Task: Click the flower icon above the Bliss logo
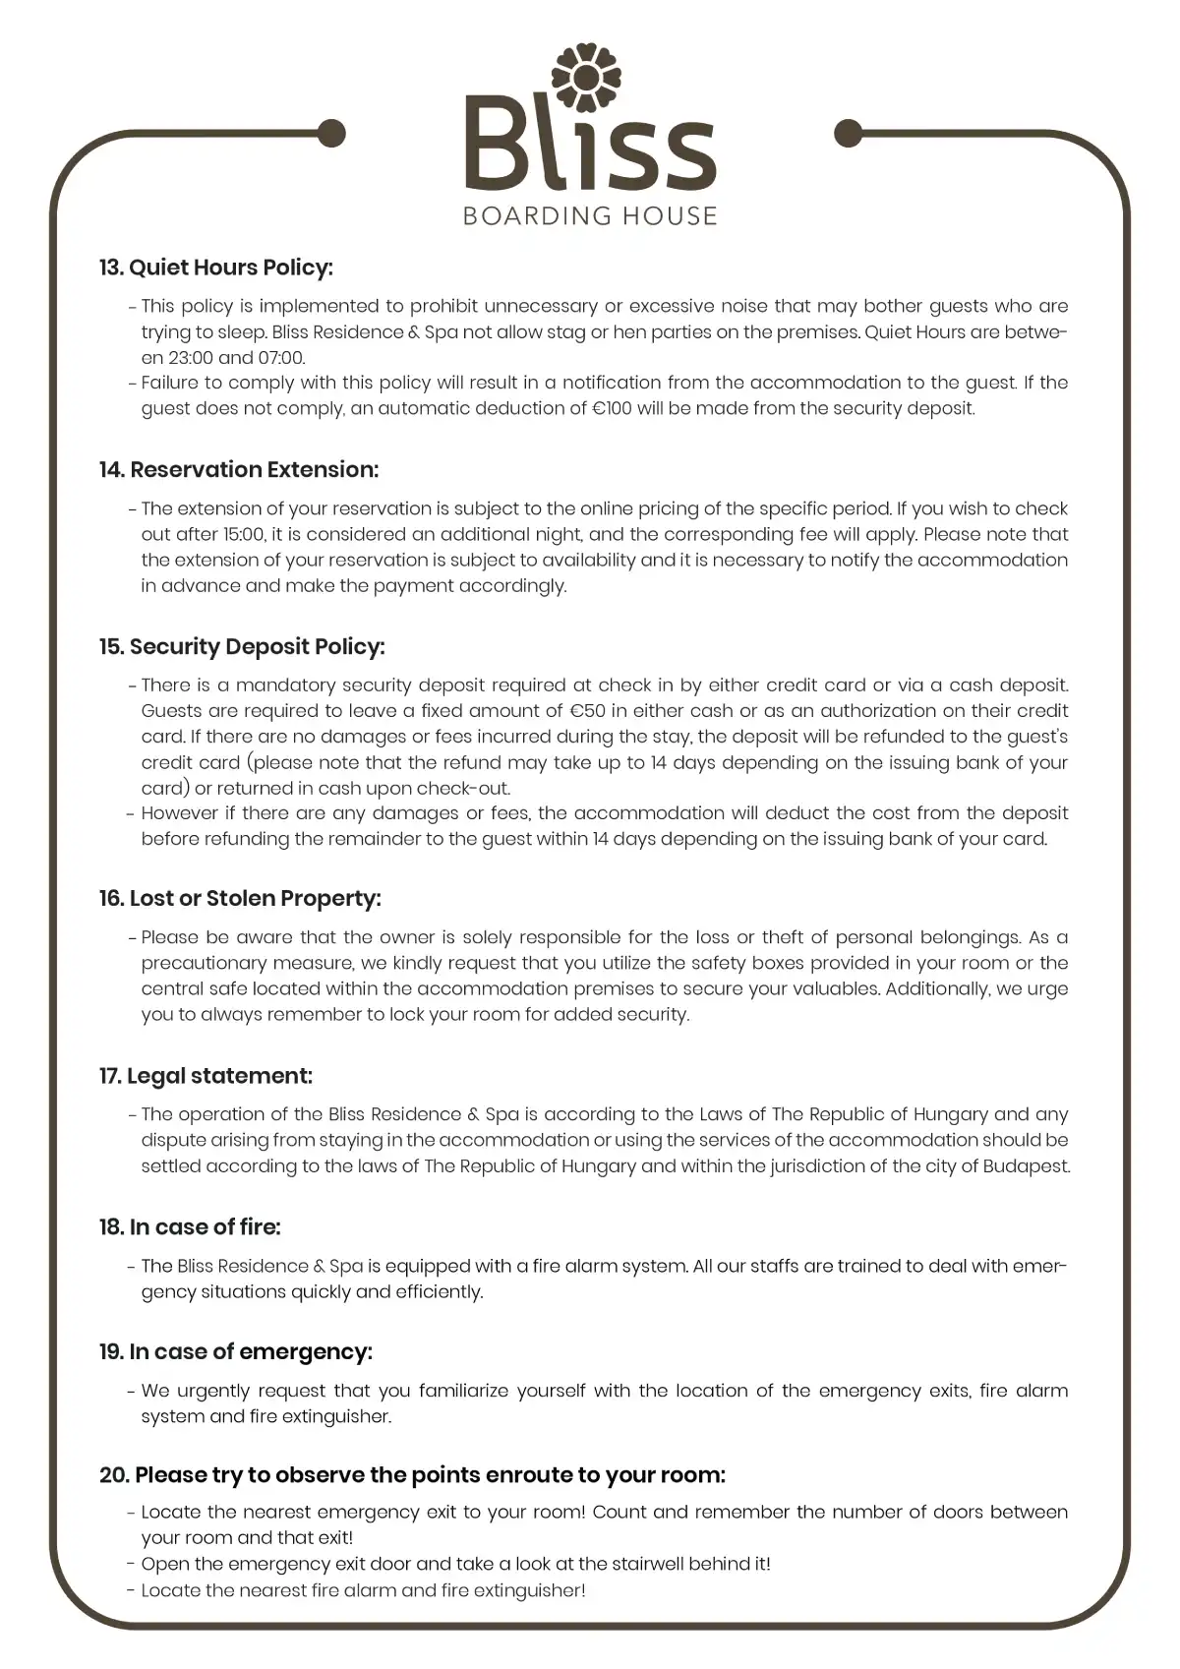588,77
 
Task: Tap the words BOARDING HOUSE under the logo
590,214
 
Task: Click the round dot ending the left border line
332,132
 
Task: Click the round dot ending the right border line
848,132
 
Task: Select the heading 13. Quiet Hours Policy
216,268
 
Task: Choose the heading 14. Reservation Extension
239,470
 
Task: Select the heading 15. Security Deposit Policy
242,647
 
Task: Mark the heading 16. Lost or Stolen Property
240,899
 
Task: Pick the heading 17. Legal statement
206,1076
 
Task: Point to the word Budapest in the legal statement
1028,1166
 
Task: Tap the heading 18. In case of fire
190,1227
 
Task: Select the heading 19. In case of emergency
236,1352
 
